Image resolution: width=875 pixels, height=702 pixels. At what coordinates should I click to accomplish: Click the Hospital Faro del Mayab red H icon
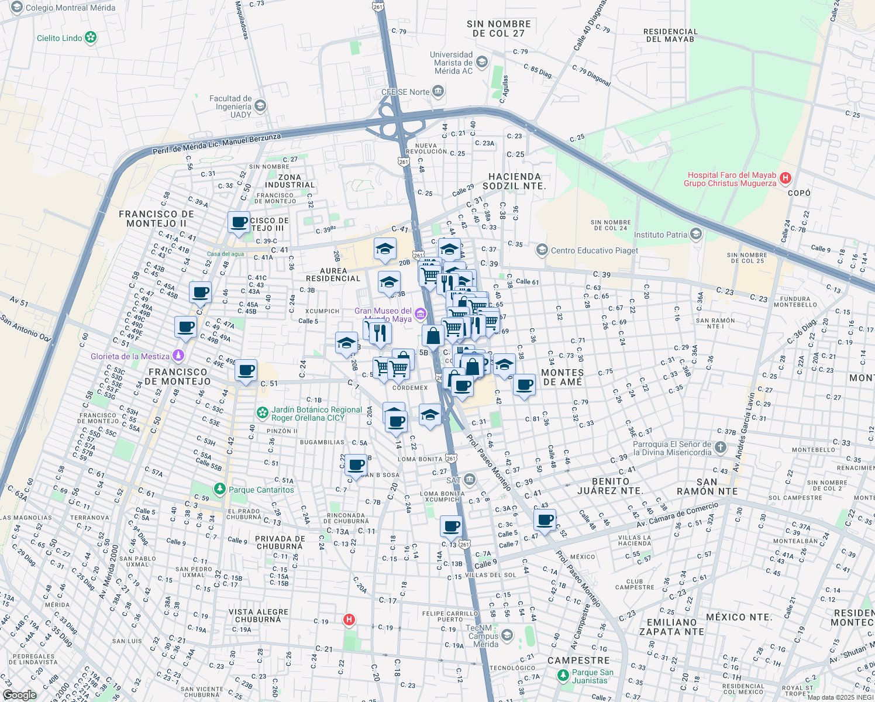coord(786,177)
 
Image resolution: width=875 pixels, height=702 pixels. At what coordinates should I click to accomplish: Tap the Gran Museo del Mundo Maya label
coord(383,315)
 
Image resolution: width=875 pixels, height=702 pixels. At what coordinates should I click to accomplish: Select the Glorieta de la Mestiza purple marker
coord(179,356)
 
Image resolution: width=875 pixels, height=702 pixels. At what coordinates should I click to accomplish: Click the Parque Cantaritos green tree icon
coord(219,488)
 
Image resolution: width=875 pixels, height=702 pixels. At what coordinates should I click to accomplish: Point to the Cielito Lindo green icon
coord(91,38)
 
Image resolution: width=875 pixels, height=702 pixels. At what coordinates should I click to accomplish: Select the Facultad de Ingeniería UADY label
coord(230,106)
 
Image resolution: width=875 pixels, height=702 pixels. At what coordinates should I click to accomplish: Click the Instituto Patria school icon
coord(696,235)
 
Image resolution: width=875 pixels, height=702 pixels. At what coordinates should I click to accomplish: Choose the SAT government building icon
coord(470,480)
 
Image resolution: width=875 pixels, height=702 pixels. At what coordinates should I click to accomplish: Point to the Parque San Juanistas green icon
coord(563,676)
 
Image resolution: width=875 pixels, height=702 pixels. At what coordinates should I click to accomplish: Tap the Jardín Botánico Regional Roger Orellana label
coord(316,414)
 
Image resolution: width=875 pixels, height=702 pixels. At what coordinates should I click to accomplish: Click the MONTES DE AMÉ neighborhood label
coord(562,377)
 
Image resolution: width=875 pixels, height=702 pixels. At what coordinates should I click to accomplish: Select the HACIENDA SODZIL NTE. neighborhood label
coord(515,181)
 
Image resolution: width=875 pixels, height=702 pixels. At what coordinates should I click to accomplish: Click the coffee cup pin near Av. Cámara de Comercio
coord(545,519)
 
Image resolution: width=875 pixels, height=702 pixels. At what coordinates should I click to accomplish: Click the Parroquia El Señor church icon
coord(721,448)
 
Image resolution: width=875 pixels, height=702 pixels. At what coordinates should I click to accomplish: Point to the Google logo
coord(19,695)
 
